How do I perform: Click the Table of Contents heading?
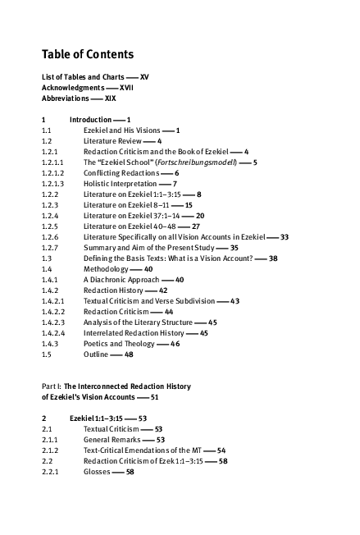coord(87,55)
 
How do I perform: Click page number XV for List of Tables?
coord(144,76)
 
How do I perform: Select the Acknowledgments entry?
coord(73,87)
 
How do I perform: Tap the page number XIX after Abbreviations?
coord(110,98)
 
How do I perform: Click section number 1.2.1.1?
coord(51,162)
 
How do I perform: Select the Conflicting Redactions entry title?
coord(120,173)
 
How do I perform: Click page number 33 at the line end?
coord(284,237)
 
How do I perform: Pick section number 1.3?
coord(47,258)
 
